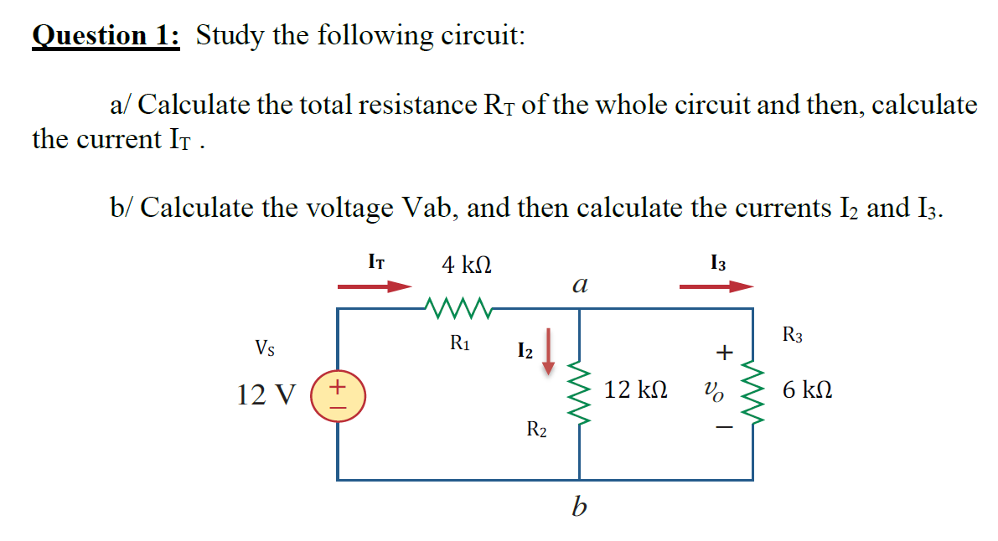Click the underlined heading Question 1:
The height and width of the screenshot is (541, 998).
[x=106, y=36]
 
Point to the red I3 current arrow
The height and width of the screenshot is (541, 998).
[x=716, y=286]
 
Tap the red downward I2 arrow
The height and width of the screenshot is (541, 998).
[x=550, y=351]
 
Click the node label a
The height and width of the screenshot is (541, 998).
[x=578, y=285]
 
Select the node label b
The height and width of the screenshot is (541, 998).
[x=577, y=506]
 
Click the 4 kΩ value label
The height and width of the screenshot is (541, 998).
[x=467, y=265]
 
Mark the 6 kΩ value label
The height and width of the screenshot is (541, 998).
[x=808, y=390]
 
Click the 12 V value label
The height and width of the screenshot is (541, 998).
[x=266, y=394]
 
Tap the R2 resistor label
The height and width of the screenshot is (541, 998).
[x=536, y=430]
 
